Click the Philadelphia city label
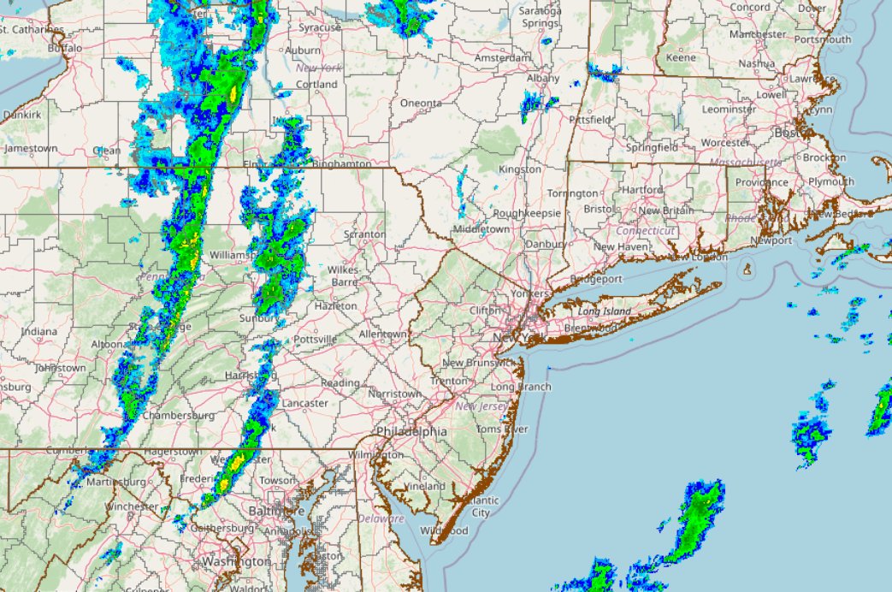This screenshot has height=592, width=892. [x=411, y=432]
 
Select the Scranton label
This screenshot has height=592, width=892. [x=363, y=234]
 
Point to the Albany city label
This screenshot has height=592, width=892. [x=543, y=78]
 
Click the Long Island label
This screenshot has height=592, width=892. [x=604, y=311]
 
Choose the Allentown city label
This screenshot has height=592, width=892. [x=382, y=333]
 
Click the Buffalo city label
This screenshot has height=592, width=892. [x=66, y=49]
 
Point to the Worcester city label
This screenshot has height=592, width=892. [x=724, y=142]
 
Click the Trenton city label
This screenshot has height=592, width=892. [x=449, y=381]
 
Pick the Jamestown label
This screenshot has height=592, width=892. [x=31, y=148]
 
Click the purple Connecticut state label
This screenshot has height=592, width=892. [x=646, y=231]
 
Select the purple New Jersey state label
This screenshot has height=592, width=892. [x=480, y=406]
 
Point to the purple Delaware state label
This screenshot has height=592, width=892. [x=381, y=518]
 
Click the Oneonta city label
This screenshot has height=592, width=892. [x=421, y=104]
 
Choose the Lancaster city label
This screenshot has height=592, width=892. [x=304, y=403]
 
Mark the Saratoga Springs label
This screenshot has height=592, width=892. [x=541, y=17]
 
